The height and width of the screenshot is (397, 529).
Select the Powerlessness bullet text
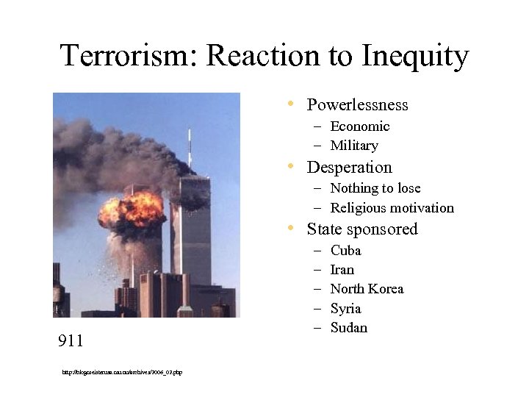pos(357,105)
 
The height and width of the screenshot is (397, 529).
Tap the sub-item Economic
pos(360,126)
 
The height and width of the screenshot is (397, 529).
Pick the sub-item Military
pos(354,146)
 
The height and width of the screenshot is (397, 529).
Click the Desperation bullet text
pos(349,168)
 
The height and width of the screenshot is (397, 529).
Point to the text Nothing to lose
pos(375,188)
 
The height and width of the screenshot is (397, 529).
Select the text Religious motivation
pos(392,208)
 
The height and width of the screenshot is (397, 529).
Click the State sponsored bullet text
pos(361,229)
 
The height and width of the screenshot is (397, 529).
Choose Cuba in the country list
pos(345,251)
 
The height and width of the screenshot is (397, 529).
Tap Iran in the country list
pos(342,270)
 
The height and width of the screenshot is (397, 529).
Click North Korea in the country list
pos(367,289)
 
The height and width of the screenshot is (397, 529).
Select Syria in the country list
pos(345,309)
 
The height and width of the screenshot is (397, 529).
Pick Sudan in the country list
pos(348,328)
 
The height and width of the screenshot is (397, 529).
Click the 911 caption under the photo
pos(71,340)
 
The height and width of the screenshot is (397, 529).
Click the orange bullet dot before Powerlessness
pos(292,104)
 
